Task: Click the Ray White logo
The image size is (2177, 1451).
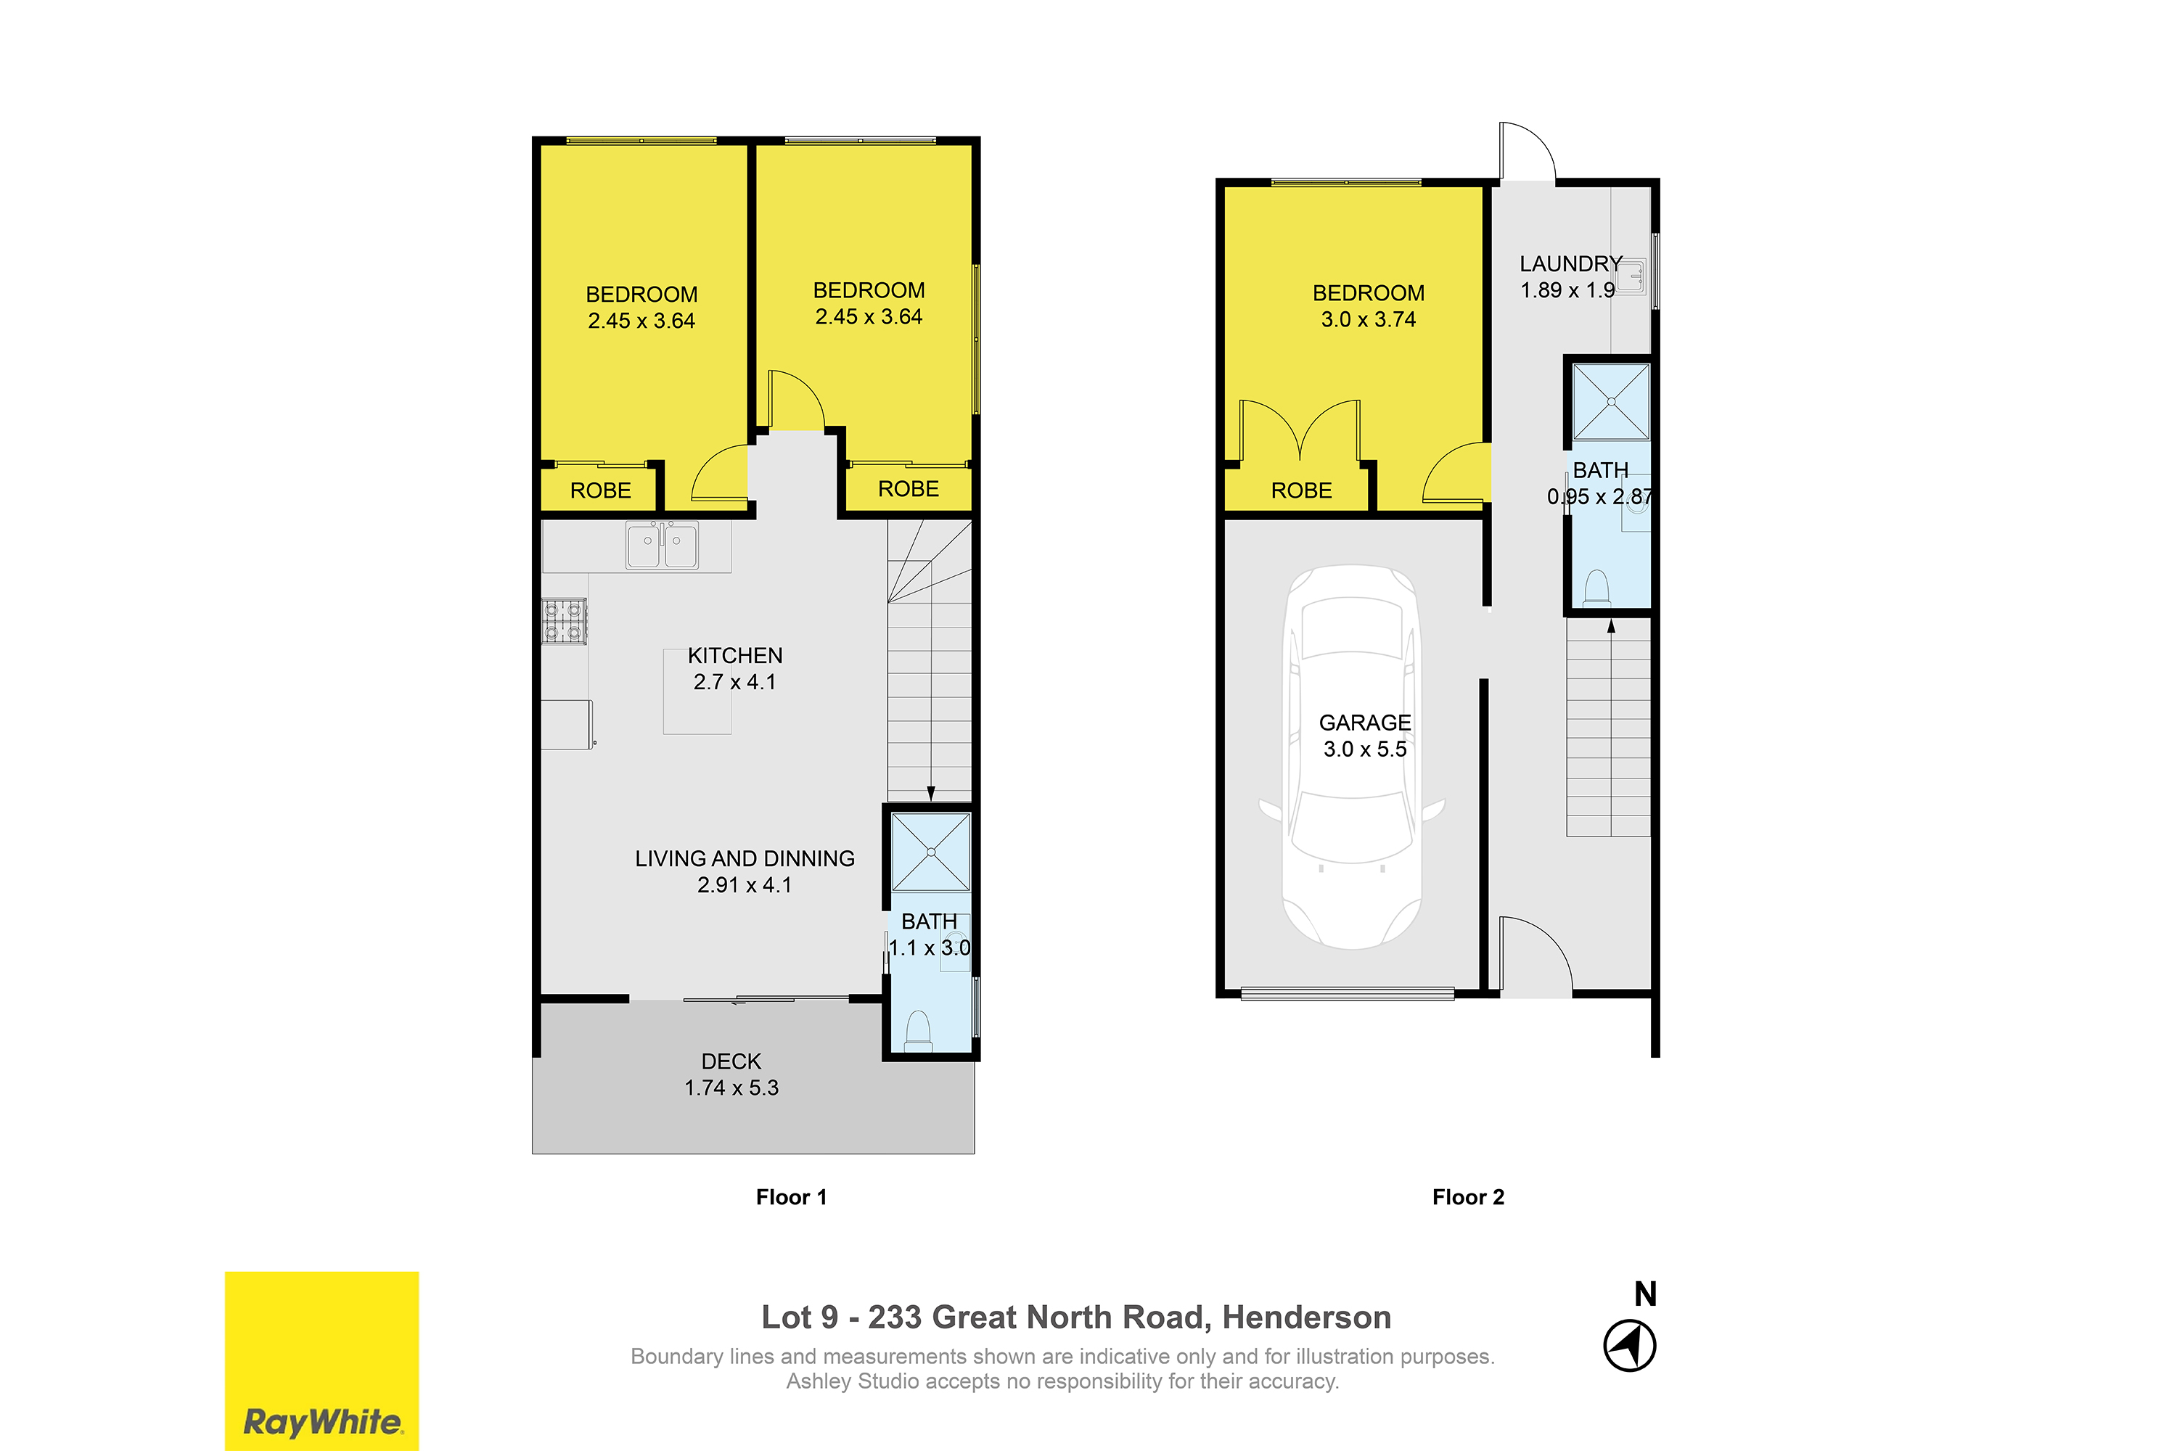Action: pos(321,1360)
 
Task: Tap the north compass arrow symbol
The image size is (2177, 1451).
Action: pos(1629,1347)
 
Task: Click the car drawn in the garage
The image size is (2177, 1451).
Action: pos(1353,757)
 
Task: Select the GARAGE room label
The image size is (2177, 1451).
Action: pos(1364,723)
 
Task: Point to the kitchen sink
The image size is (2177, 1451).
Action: pos(662,545)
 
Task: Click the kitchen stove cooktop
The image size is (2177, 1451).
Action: pos(564,621)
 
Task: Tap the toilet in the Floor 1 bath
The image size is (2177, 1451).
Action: pos(917,1031)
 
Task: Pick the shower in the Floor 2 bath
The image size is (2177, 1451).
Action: pos(1612,402)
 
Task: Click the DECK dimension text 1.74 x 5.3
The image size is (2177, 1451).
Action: pos(731,1088)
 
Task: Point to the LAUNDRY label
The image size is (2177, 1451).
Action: pos(1571,264)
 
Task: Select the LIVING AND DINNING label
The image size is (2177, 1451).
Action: pos(745,859)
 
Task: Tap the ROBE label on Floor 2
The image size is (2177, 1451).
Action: pos(1301,490)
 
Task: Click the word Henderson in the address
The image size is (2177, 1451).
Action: pos(1306,1317)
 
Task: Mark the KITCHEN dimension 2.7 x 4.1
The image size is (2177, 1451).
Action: pos(735,682)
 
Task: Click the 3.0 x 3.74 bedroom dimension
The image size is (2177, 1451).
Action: pos(1368,319)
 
